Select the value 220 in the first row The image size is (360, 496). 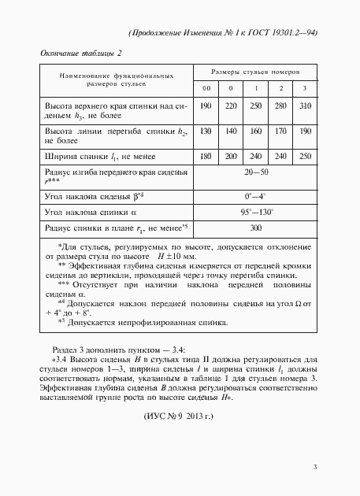231,105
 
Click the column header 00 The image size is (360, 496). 206,87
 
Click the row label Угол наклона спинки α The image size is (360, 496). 91,212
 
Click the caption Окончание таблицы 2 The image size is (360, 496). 81,53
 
